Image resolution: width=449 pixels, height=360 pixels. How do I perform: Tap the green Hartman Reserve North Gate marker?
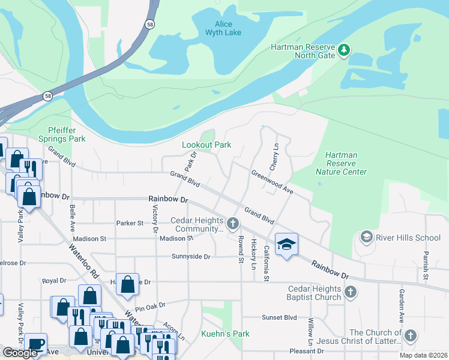[x=344, y=49]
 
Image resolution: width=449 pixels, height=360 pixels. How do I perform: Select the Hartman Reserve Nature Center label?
[x=341, y=163]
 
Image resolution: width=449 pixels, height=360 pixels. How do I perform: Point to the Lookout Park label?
[x=207, y=145]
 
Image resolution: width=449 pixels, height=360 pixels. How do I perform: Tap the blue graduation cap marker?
[x=286, y=244]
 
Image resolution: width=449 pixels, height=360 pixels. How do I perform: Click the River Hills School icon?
[x=366, y=237]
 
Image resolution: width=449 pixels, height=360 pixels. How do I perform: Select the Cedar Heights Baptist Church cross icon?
[x=351, y=293]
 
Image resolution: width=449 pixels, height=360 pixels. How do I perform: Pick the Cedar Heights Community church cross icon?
[x=233, y=224]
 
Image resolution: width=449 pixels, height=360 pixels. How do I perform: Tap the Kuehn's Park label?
[x=225, y=334]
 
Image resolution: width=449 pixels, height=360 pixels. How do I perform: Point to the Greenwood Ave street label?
[x=271, y=182]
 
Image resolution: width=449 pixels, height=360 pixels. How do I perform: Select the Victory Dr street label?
[x=155, y=218]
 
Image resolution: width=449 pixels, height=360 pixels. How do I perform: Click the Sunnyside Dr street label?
[x=190, y=257]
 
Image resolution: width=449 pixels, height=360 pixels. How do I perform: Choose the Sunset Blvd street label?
[x=279, y=317]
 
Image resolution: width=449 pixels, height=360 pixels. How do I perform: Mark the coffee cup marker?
[x=36, y=344]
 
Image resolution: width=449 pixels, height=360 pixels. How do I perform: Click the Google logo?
[x=20, y=353]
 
